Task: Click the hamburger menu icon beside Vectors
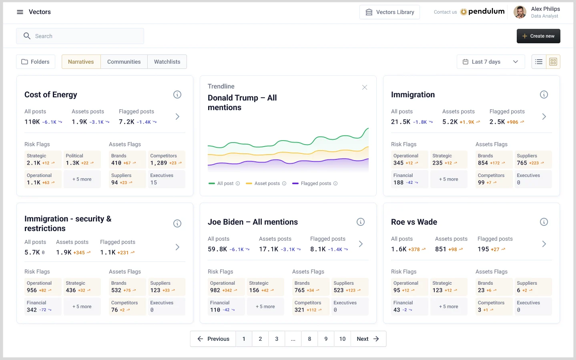click(20, 12)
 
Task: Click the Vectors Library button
click(389, 12)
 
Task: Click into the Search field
click(80, 36)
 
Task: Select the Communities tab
click(124, 62)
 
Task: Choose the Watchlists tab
click(167, 62)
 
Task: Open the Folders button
click(36, 62)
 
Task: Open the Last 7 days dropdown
click(490, 62)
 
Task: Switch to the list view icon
click(539, 62)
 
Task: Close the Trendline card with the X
click(364, 87)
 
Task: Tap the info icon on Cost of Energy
click(177, 95)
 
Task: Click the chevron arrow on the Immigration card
click(544, 117)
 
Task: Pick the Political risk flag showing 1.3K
click(82, 159)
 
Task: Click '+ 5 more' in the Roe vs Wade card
click(448, 307)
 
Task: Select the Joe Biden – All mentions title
click(253, 222)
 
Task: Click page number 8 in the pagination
click(309, 339)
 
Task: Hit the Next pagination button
click(368, 339)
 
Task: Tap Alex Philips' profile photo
click(520, 12)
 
